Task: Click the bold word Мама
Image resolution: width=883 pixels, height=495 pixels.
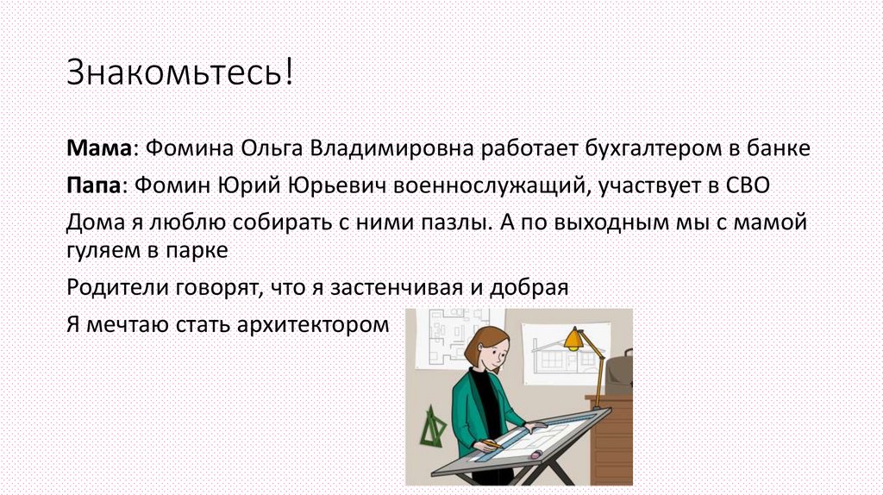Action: (97, 147)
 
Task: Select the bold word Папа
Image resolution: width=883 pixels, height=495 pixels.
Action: (95, 185)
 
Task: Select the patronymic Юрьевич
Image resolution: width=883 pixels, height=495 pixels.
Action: (341, 185)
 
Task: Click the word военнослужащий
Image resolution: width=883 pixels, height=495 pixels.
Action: (482, 185)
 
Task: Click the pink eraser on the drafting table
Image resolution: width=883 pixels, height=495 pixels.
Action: (535, 454)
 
